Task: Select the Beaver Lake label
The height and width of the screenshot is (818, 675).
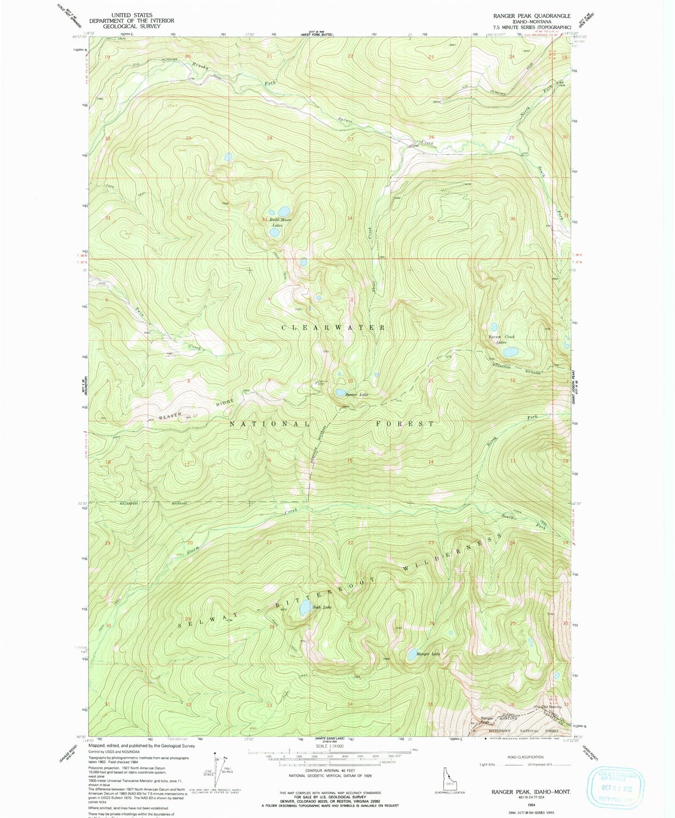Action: point(356,395)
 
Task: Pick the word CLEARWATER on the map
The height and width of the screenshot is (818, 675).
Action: point(334,327)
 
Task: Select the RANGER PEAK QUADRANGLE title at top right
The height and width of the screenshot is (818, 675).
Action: point(532,15)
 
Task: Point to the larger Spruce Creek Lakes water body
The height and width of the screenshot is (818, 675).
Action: point(510,351)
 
